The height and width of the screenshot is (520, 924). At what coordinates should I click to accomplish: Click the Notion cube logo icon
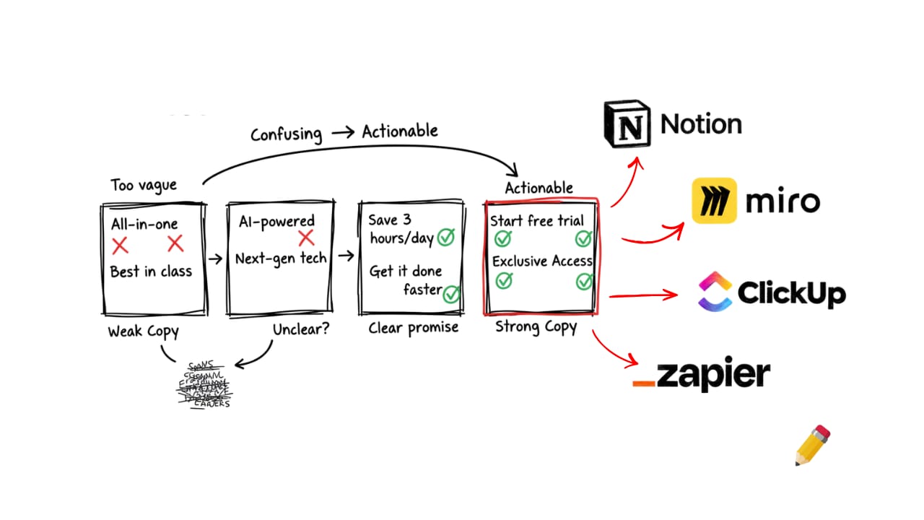[627, 125]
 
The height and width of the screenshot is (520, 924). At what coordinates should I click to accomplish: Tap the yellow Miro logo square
[714, 201]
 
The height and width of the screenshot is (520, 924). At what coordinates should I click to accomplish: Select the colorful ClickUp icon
[715, 292]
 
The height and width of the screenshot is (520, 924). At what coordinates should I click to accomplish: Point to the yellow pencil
[813, 445]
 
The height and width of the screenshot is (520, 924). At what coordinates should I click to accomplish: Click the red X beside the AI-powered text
[306, 238]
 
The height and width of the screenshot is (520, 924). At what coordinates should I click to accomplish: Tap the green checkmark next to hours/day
[445, 237]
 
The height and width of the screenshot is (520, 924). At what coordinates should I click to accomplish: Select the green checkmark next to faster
[452, 293]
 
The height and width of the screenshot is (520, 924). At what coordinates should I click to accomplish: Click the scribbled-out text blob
[204, 384]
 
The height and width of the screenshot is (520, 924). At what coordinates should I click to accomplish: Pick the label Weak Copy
[143, 331]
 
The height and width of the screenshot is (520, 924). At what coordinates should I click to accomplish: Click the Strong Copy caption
[536, 327]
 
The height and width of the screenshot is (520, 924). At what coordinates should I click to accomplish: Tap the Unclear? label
[300, 329]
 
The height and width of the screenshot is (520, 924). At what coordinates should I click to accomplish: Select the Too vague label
[144, 186]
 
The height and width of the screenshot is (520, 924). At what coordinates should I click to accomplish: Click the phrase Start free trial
[536, 220]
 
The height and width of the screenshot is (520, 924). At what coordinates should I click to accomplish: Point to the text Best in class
[151, 272]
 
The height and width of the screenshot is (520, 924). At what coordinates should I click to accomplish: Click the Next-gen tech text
[281, 258]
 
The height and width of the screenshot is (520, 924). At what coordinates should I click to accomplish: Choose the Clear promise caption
[413, 327]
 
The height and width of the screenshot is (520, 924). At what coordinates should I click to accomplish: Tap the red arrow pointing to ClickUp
[642, 295]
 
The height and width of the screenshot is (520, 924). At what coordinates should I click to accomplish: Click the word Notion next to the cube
[701, 124]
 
